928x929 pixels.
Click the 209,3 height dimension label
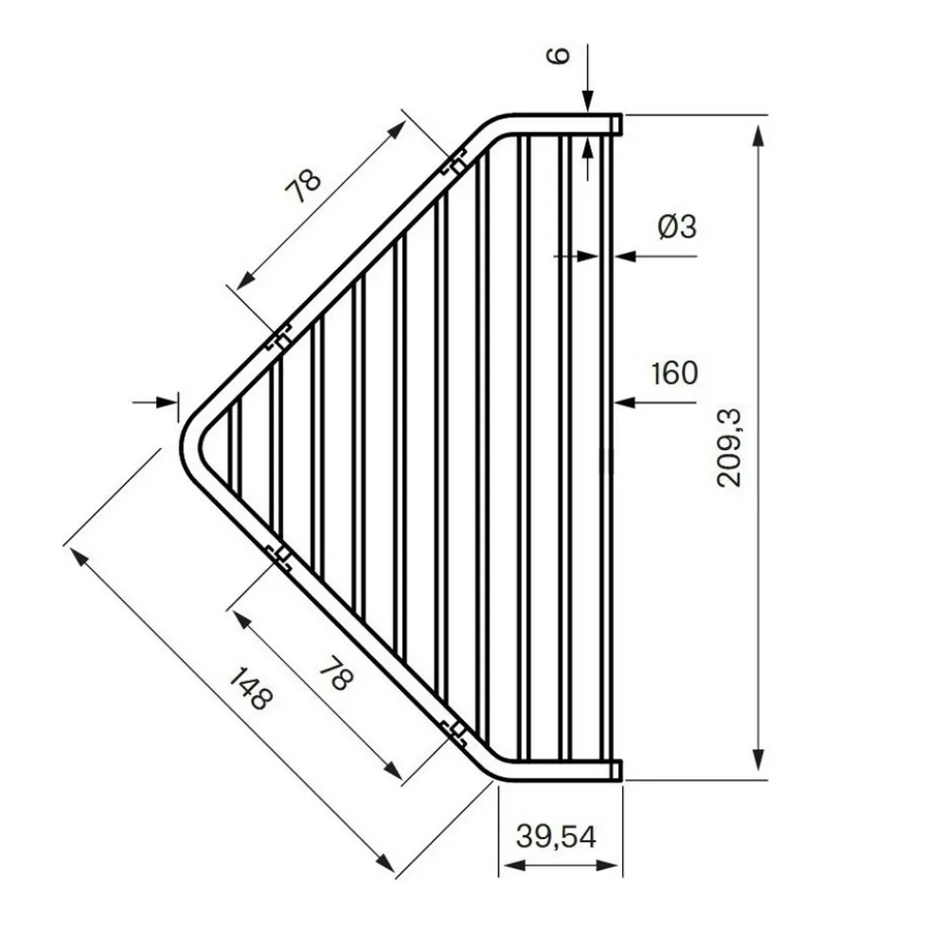pos(728,448)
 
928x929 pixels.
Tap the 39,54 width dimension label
pos(556,836)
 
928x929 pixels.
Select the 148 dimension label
pos(251,688)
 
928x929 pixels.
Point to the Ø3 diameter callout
pos(677,226)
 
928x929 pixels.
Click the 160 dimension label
pos(674,373)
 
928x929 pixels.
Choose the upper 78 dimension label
pos(303,186)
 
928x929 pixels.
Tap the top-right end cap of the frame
pos(616,124)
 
